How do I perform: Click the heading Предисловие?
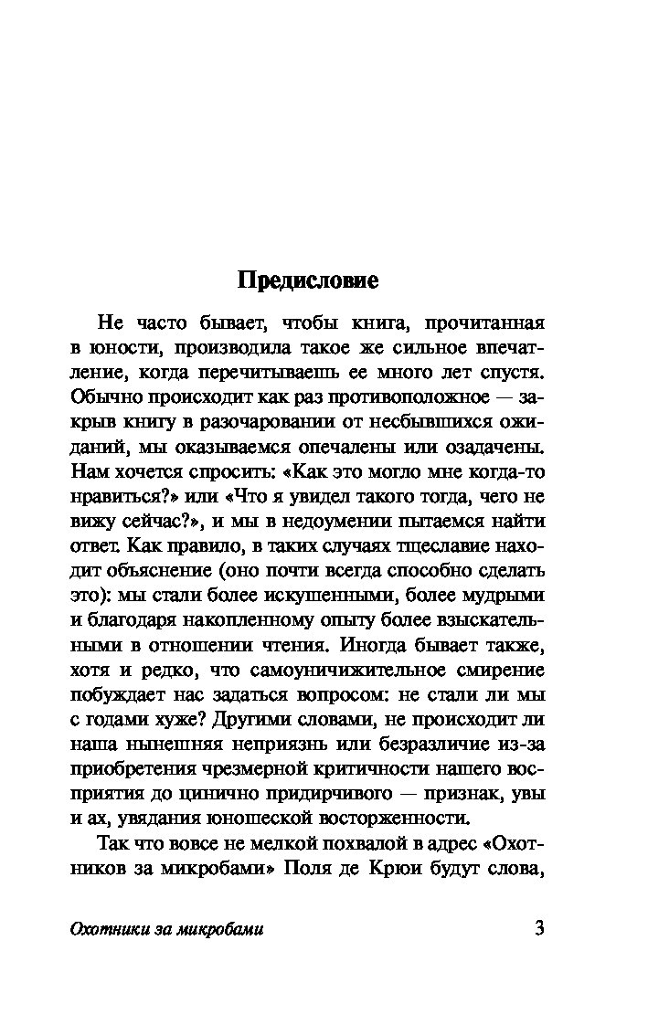(308, 280)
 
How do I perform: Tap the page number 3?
(538, 929)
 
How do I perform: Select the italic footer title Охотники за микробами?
(166, 930)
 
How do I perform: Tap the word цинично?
(197, 795)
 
